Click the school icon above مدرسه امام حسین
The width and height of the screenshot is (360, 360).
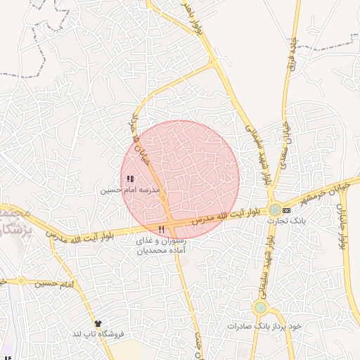pos(129,179)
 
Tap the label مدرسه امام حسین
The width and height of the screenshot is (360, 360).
pos(130,190)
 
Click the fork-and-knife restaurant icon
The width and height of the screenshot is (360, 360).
pos(162,229)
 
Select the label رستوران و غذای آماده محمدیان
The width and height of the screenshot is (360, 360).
pos(162,245)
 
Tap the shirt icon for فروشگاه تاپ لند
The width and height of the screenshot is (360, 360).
pos(98,323)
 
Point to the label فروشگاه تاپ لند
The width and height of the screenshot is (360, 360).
pos(98,335)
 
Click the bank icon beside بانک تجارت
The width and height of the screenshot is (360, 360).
pos(286,210)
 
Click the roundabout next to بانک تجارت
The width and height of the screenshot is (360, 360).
pos(272,210)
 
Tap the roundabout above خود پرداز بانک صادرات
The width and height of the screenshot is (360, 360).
pos(261,307)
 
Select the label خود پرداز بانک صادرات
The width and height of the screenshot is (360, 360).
pos(264,327)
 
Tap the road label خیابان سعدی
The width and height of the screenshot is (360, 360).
pos(285,144)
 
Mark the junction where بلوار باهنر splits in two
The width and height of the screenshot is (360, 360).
pos(212,63)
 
